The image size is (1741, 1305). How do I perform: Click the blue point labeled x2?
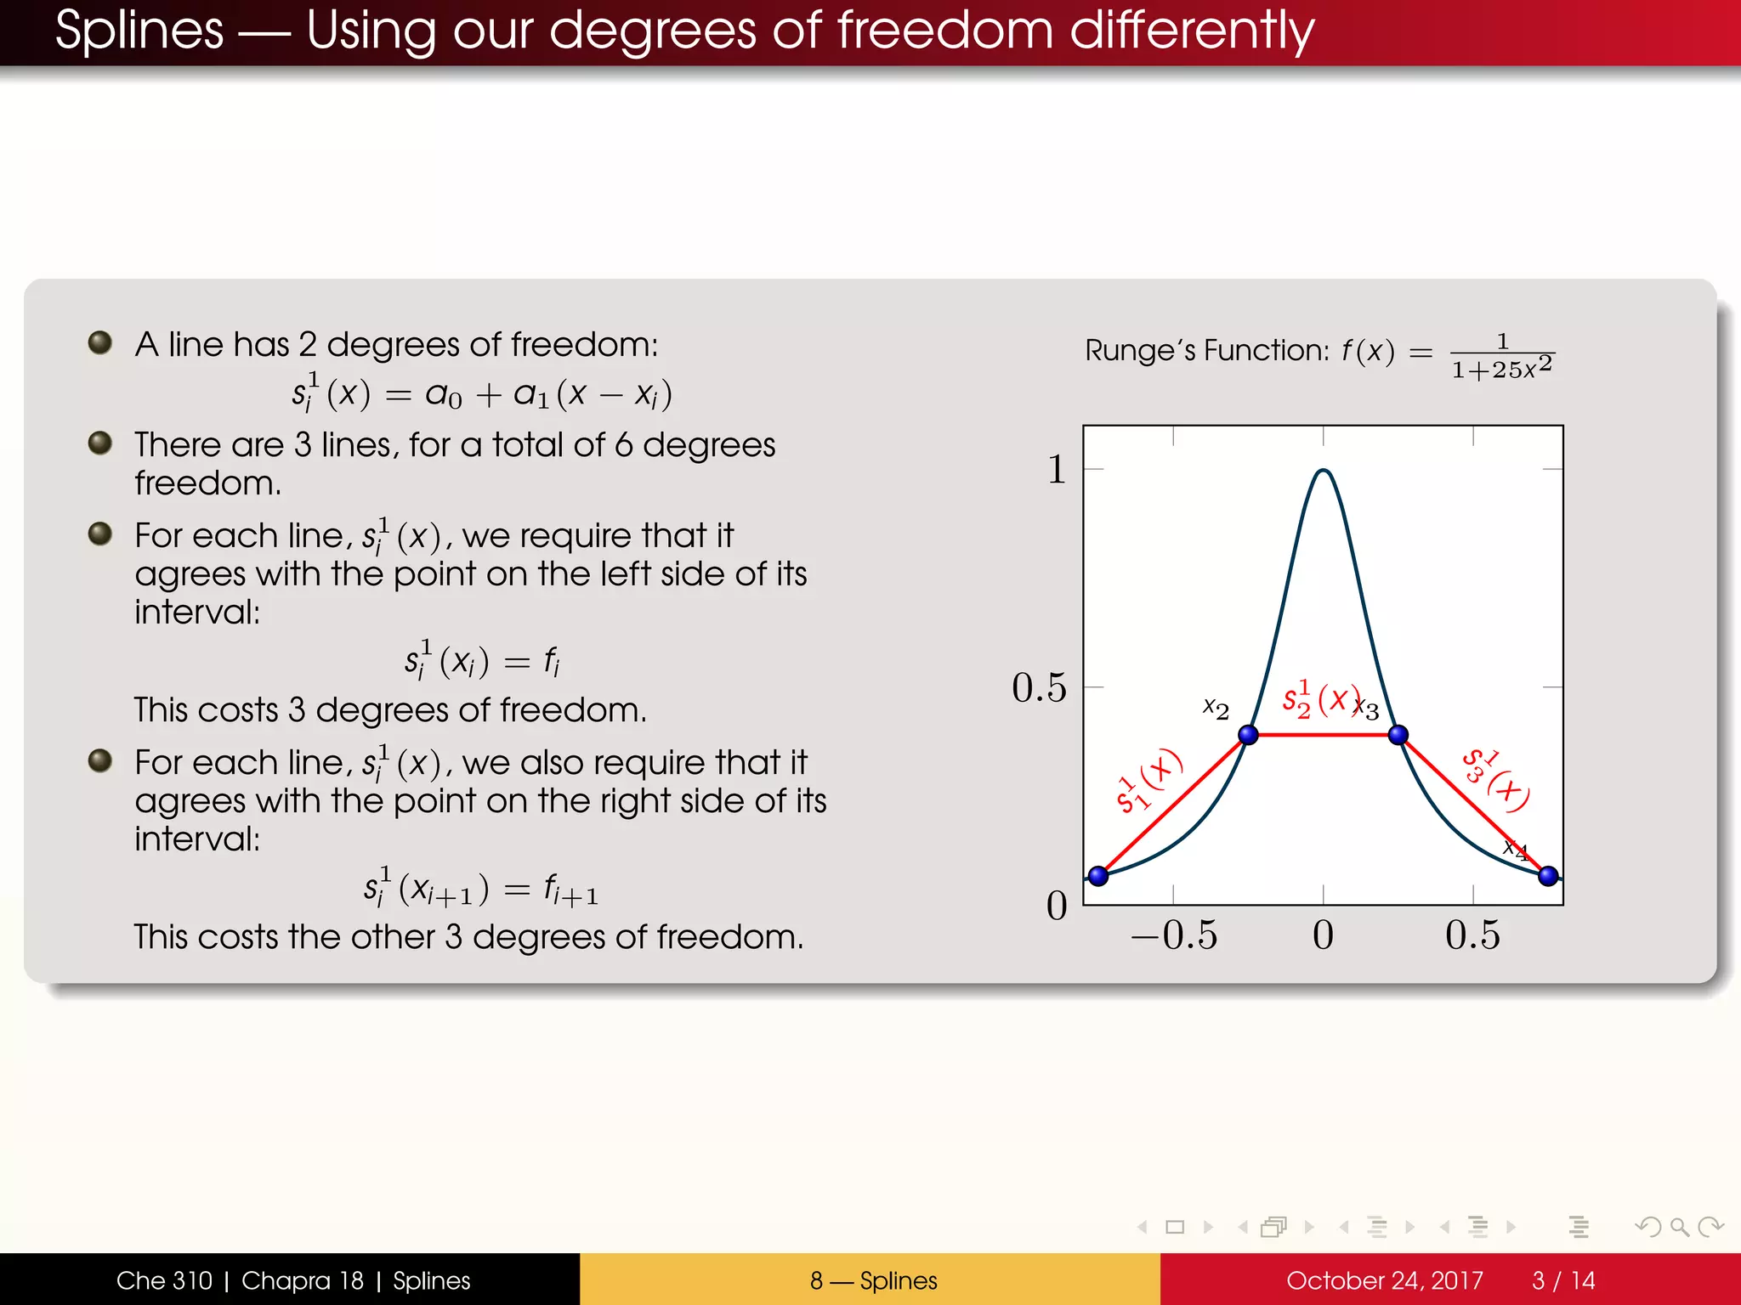click(x=1248, y=735)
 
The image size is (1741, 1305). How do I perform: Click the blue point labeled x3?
click(x=1398, y=735)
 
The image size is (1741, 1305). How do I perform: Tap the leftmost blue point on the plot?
click(x=1098, y=875)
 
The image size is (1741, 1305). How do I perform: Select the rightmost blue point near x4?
click(x=1548, y=875)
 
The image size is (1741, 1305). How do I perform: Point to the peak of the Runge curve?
click(x=1324, y=470)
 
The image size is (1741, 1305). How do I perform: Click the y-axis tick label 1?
click(x=1057, y=469)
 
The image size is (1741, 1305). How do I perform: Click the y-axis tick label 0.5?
click(x=1038, y=687)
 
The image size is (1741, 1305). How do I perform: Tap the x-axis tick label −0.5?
click(x=1173, y=935)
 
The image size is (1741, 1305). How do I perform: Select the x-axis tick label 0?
click(x=1323, y=935)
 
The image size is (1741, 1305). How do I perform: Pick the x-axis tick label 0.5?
click(x=1472, y=935)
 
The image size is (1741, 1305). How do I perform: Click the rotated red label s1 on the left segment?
click(x=1148, y=781)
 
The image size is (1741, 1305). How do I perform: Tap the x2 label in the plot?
click(x=1216, y=709)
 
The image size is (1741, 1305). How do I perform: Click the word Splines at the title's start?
click(x=139, y=31)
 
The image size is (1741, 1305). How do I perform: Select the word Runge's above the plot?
click(x=1138, y=350)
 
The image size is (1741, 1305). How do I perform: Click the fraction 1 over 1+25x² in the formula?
click(x=1502, y=356)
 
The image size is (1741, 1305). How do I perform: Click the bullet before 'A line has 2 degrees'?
click(x=100, y=342)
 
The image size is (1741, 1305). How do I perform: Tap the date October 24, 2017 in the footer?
click(x=1384, y=1280)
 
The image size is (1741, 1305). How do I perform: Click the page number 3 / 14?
click(x=1563, y=1280)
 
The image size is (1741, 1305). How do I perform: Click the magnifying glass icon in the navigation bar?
click(x=1679, y=1227)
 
